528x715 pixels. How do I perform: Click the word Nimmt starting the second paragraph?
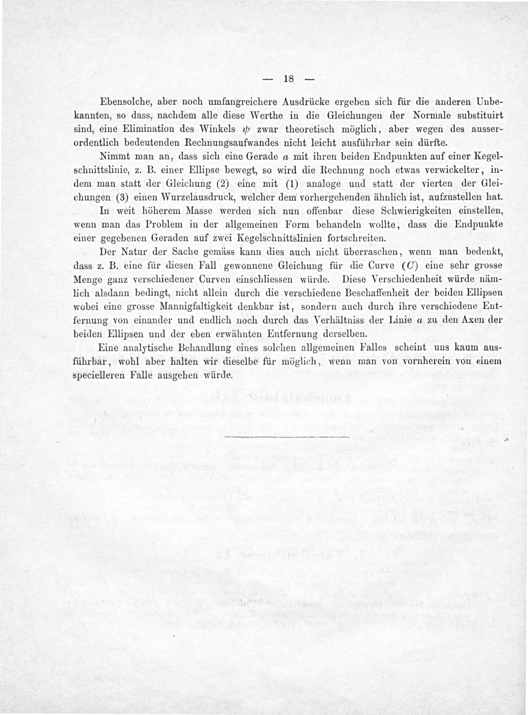112,157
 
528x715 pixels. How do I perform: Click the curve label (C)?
410,266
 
